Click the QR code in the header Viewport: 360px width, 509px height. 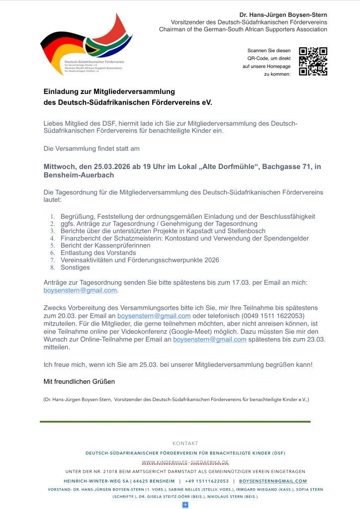pos(313,61)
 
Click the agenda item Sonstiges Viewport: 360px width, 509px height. pos(75,267)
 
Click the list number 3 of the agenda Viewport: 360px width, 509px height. pos(52,231)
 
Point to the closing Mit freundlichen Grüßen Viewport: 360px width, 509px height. pos(79,381)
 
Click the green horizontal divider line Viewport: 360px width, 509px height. pos(175,422)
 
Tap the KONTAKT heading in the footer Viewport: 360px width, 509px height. pos(185,443)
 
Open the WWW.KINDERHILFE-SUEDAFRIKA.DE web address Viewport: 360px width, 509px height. pos(185,462)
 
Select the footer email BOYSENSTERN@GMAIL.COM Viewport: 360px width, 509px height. pos(273,481)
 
